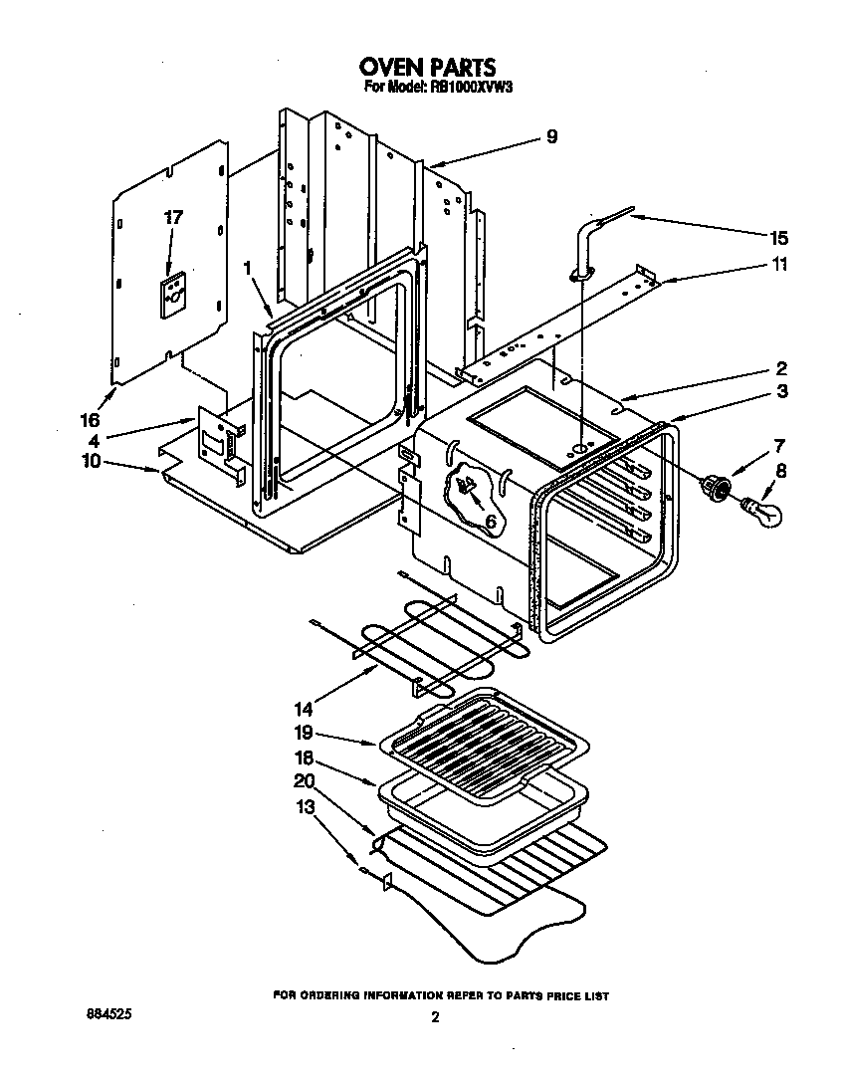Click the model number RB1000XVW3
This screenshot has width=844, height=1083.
pyautogui.click(x=464, y=88)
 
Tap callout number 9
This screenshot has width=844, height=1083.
pyautogui.click(x=551, y=137)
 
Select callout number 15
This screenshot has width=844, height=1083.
pyautogui.click(x=778, y=238)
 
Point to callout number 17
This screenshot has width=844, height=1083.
pyautogui.click(x=173, y=217)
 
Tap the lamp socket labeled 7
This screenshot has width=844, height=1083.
pyautogui.click(x=716, y=487)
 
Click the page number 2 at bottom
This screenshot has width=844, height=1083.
pyautogui.click(x=434, y=1016)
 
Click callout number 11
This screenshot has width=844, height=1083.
pyautogui.click(x=778, y=264)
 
